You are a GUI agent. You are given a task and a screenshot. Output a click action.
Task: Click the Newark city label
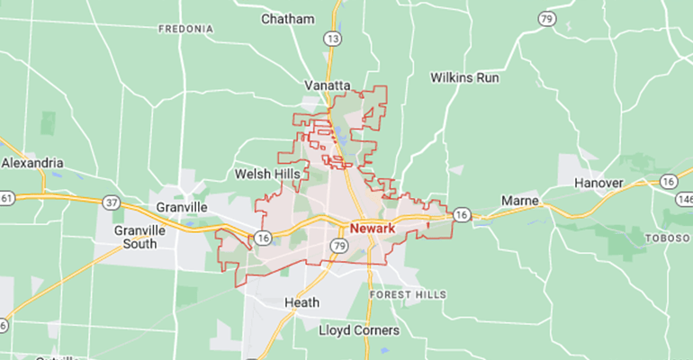[373, 229]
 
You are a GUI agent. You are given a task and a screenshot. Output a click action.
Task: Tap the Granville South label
[139, 237]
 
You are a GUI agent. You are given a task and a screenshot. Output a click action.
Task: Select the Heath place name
[301, 302]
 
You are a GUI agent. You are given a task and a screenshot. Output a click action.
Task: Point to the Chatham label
[288, 19]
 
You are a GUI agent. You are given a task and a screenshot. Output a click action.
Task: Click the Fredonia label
[185, 29]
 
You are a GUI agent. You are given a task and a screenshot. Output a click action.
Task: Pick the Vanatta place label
[327, 85]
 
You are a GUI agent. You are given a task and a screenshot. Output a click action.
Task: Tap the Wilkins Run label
[464, 77]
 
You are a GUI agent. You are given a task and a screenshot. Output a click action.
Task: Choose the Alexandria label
[32, 163]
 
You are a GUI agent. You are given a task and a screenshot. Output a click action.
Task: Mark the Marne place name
[519, 199]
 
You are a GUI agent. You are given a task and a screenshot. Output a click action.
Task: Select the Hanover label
[598, 184]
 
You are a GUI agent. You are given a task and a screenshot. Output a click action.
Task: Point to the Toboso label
[667, 238]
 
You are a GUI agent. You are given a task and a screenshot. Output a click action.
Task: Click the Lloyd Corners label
[359, 330]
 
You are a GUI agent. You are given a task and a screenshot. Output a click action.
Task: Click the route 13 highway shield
[334, 39]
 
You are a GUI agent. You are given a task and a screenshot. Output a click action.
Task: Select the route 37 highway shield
[112, 203]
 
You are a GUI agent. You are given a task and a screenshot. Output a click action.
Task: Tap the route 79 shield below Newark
[338, 246]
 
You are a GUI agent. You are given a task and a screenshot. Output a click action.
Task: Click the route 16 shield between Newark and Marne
[462, 214]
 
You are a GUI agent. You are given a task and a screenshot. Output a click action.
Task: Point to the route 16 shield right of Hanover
[667, 181]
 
